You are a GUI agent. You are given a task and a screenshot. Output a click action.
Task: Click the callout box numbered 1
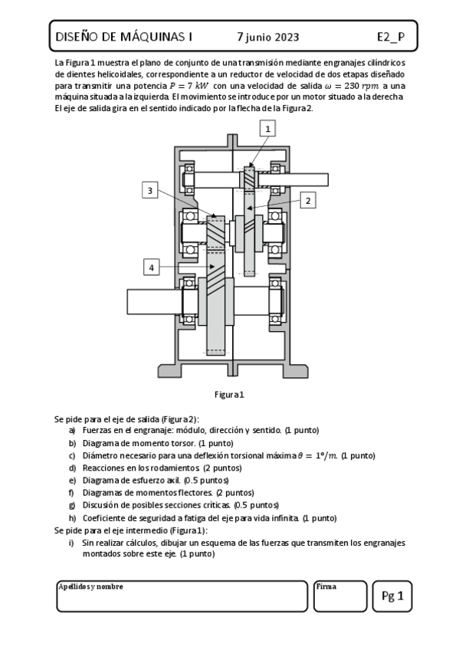tap(267, 130)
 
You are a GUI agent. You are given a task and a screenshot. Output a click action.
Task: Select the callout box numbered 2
tap(308, 200)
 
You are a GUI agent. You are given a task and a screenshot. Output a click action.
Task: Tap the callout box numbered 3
tap(151, 190)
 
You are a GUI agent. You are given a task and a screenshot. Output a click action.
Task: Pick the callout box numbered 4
tap(152, 267)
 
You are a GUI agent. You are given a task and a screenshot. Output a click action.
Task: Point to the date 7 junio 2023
tap(268, 36)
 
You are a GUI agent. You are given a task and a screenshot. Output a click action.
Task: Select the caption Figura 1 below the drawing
tap(229, 395)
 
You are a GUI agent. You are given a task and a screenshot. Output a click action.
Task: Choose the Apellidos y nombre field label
tap(90, 586)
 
